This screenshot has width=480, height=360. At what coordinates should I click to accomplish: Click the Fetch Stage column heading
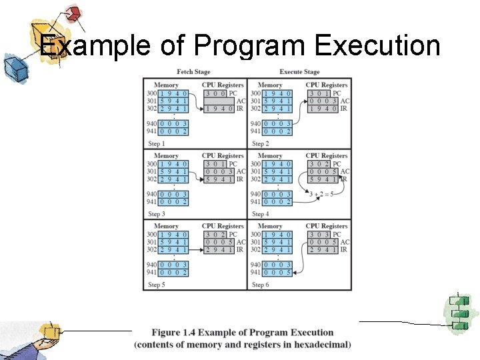coord(193,72)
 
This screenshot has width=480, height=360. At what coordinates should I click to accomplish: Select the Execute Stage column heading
coord(299,72)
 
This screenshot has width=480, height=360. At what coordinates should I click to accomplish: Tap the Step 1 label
coord(156,143)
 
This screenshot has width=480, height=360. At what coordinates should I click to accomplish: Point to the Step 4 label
coord(261,214)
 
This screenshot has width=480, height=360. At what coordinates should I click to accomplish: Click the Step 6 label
coord(261,285)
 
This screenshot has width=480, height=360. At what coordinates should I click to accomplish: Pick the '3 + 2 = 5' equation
coord(322,194)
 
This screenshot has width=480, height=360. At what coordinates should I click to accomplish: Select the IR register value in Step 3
coord(219,179)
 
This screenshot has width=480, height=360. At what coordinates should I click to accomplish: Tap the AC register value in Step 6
coord(323,242)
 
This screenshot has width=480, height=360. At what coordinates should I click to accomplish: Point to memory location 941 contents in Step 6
coord(278,273)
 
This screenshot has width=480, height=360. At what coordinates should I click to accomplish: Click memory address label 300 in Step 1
coord(153,93)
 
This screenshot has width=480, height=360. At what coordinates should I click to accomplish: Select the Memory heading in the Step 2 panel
coord(269,85)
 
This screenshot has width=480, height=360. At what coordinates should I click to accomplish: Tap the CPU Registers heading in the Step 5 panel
coord(223,227)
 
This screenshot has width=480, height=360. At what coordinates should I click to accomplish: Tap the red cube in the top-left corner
coord(74,13)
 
